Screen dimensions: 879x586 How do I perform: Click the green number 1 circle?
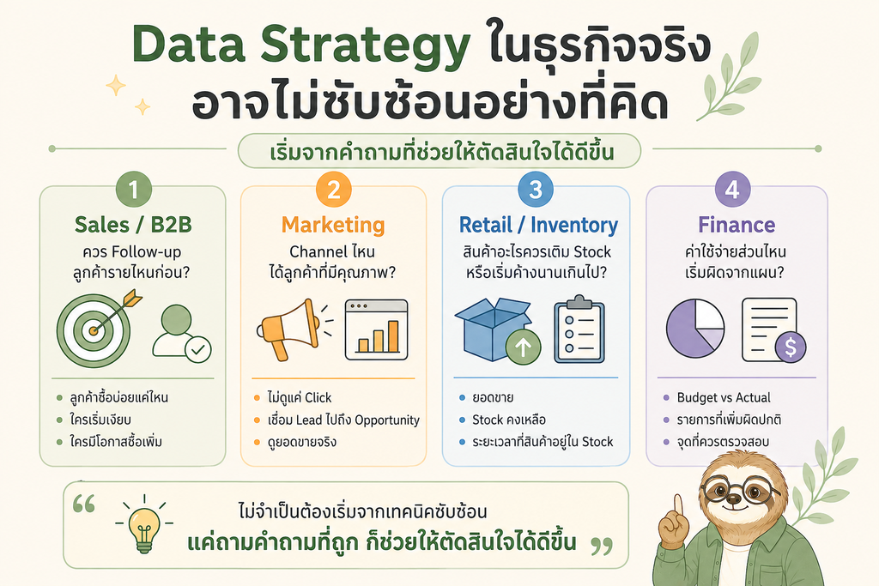pyautogui.click(x=133, y=190)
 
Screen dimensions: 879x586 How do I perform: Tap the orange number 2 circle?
pyautogui.click(x=334, y=190)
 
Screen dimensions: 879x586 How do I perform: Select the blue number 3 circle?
pyautogui.click(x=536, y=190)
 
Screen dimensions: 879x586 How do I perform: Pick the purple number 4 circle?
pyautogui.click(x=733, y=190)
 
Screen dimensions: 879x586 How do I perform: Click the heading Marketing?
pyautogui.click(x=333, y=225)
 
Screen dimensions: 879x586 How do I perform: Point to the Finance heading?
pyautogui.click(x=737, y=225)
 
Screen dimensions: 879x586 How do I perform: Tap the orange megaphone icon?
pyautogui.click(x=290, y=329)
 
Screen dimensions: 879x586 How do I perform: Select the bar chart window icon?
pyautogui.click(x=376, y=329)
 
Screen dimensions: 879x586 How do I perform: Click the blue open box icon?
pyautogui.click(x=493, y=329)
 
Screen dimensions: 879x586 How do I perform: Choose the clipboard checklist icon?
pyautogui.click(x=579, y=329)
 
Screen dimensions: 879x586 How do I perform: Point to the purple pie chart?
pyautogui.click(x=695, y=329)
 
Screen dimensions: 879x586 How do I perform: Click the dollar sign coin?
pyautogui.click(x=791, y=347)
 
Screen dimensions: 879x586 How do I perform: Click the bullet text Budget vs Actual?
pyautogui.click(x=724, y=398)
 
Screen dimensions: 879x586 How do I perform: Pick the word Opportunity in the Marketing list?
pyautogui.click(x=387, y=420)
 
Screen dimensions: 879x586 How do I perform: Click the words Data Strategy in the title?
pyautogui.click(x=301, y=45)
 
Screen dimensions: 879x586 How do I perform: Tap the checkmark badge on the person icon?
pyautogui.click(x=198, y=350)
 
